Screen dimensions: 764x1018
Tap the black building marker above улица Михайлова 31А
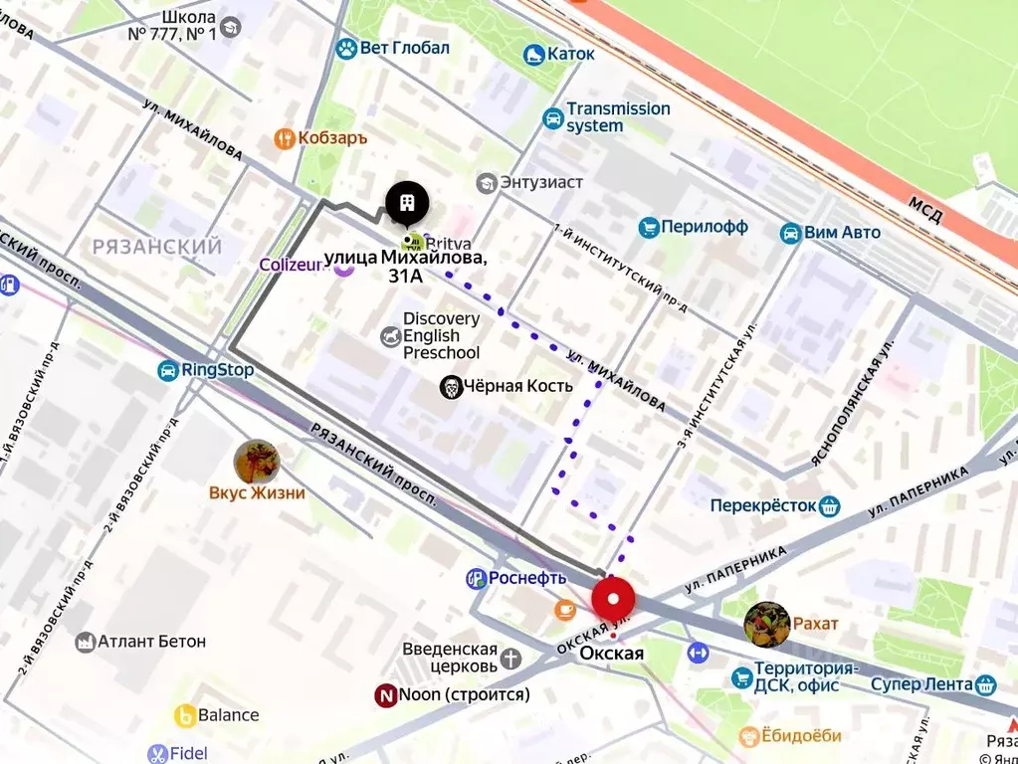(407, 204)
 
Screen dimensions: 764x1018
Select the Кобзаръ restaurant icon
(285, 138)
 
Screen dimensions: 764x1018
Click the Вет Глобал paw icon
(346, 48)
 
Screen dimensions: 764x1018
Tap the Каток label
(570, 54)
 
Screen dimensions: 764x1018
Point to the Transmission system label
(618, 117)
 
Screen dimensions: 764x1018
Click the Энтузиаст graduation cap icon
(487, 183)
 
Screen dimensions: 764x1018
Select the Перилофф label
(705, 227)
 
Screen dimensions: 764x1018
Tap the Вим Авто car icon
(790, 233)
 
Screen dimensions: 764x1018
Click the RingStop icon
(167, 371)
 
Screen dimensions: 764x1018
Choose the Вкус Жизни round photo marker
(256, 462)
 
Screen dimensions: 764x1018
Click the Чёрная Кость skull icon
(452, 387)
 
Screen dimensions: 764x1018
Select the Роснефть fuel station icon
(477, 578)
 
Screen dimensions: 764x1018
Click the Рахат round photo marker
(766, 623)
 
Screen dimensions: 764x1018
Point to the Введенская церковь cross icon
(510, 658)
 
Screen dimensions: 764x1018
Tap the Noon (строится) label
(464, 695)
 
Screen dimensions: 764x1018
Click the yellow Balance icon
(185, 715)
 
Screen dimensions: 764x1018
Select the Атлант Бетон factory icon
(86, 642)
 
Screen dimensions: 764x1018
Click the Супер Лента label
(920, 684)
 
